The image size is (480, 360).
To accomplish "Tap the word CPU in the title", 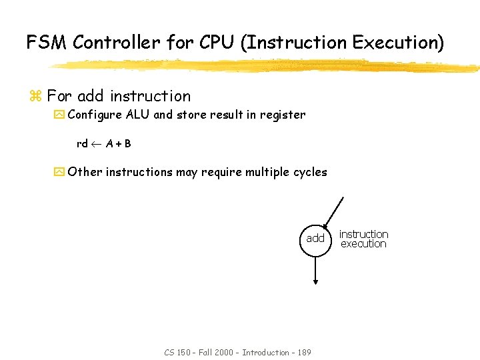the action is pyautogui.click(x=215, y=43).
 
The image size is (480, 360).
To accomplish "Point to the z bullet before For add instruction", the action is pyautogui.click(x=35, y=97).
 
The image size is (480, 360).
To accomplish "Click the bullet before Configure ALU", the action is pyautogui.click(x=59, y=115).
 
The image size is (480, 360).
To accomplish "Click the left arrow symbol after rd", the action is pyautogui.click(x=97, y=144).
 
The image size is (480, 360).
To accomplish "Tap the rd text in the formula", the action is pyautogui.click(x=82, y=144).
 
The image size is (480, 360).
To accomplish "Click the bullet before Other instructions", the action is pyautogui.click(x=59, y=172).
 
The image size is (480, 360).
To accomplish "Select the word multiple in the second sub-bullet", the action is pyautogui.click(x=267, y=172).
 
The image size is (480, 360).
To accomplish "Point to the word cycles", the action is pyautogui.click(x=310, y=172).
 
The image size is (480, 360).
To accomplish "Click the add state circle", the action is pyautogui.click(x=315, y=239).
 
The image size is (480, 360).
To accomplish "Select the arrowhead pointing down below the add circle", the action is pyautogui.click(x=315, y=281).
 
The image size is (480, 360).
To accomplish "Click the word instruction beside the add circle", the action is pyautogui.click(x=363, y=234).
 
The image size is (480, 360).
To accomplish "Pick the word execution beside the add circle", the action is pyautogui.click(x=363, y=244).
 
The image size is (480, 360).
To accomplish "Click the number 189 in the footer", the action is pyautogui.click(x=302, y=352).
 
